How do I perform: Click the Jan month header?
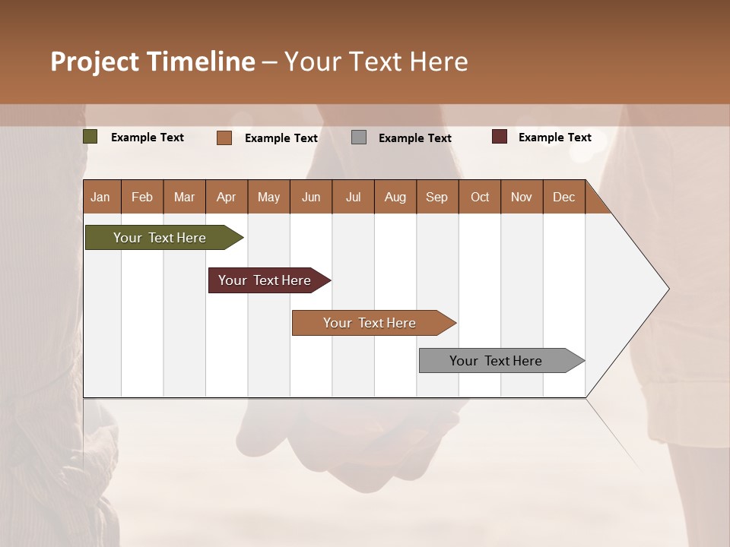pos(101,197)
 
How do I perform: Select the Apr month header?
pos(227,197)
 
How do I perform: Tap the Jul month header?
pos(353,197)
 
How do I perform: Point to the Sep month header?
pos(437,197)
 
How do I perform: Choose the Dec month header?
pos(563,197)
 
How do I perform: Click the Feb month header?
pos(142,197)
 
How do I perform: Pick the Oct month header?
pos(480,197)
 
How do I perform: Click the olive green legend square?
pos(90,137)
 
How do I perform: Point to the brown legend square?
pos(224,138)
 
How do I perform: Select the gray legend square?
pos(359,138)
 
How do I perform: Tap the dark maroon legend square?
pos(500,137)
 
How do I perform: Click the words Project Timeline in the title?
pos(153,62)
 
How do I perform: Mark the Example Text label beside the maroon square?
pos(554,138)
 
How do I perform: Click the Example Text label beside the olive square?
pos(148,138)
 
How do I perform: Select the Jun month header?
pos(311,197)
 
